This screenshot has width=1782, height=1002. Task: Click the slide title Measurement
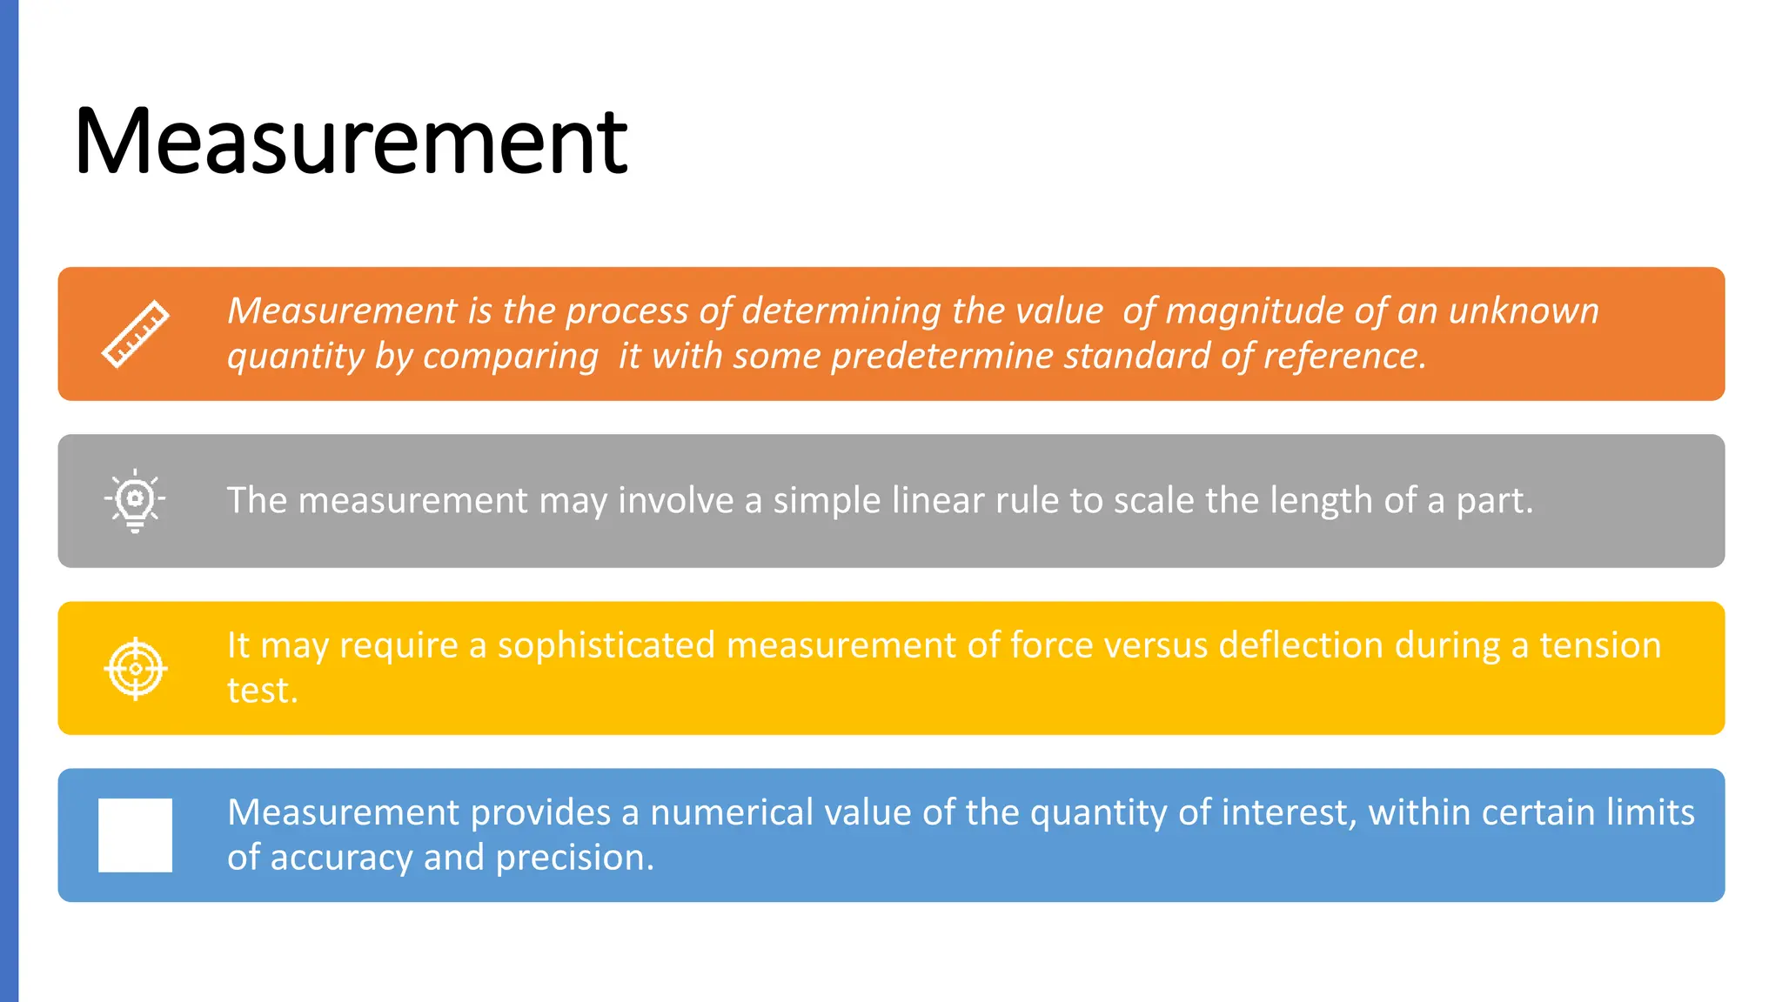[x=351, y=141]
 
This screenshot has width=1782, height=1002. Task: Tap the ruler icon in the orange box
[x=135, y=334]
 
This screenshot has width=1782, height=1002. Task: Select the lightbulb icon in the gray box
[x=135, y=500]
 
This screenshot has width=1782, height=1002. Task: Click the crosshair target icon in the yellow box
[x=135, y=668]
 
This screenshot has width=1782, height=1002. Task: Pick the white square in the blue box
[x=135, y=835]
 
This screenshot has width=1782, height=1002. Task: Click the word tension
[x=1600, y=645]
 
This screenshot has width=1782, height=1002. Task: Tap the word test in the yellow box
[x=260, y=691]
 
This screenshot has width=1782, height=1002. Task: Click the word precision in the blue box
[x=573, y=858]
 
